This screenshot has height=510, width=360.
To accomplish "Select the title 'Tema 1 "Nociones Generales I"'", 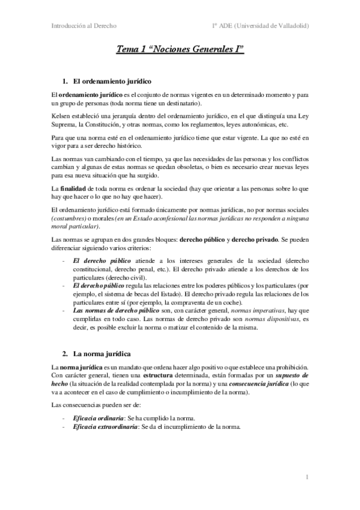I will pyautogui.click(x=180, y=52).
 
